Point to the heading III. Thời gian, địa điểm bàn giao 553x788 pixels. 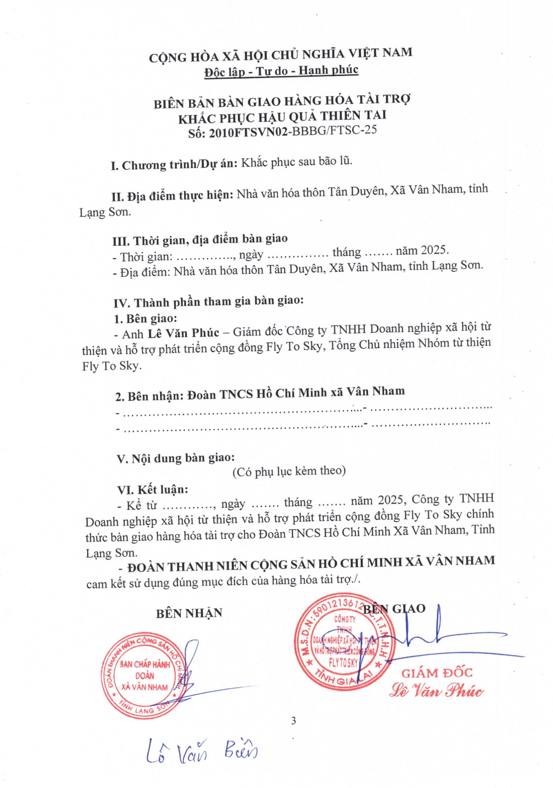point(200,239)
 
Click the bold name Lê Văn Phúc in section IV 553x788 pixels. point(184,333)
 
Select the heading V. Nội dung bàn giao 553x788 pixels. point(176,458)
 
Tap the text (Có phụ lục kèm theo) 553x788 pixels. point(289,471)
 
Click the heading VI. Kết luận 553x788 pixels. point(152,490)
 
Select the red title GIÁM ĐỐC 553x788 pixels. point(437,673)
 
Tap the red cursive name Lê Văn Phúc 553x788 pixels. point(436,691)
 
